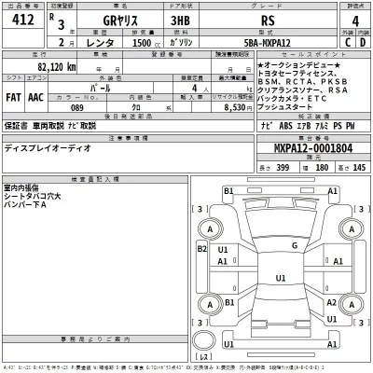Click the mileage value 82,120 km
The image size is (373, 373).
pyautogui.click(x=57, y=67)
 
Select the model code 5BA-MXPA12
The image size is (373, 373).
pyautogui.click(x=279, y=43)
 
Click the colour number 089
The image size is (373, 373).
pyautogui.click(x=77, y=108)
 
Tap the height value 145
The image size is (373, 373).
pyautogui.click(x=357, y=166)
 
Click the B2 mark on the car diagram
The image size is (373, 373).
pyautogui.click(x=201, y=250)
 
